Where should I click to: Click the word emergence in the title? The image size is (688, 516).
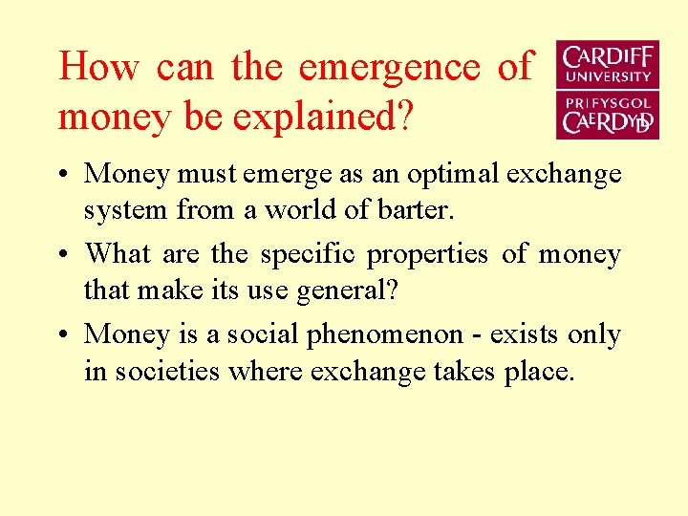click(389, 67)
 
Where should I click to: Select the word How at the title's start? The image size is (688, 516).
click(98, 67)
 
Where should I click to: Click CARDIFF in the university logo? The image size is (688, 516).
click(608, 56)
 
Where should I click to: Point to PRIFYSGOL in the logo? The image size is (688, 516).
click(608, 102)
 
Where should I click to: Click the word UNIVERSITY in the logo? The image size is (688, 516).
click(608, 76)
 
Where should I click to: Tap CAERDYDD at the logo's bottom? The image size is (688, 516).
click(608, 122)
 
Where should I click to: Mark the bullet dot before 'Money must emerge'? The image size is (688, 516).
click(63, 176)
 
